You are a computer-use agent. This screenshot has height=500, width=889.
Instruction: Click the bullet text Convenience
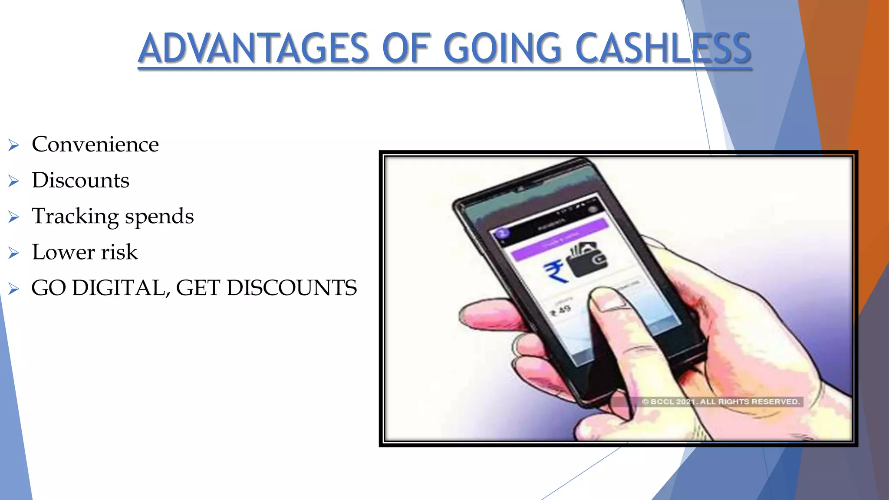pos(95,144)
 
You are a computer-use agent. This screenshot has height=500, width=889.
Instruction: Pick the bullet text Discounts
pos(80,180)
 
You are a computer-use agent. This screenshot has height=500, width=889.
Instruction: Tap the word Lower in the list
pos(63,252)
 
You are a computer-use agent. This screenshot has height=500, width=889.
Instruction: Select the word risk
pos(119,252)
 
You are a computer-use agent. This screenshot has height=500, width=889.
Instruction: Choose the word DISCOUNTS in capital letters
pos(292,288)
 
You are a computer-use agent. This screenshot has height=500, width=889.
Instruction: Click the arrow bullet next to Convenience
pos(13,145)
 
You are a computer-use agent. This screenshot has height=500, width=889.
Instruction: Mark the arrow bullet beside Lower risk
pos(13,253)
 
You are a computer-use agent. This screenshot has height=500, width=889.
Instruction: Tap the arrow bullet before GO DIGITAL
pos(13,289)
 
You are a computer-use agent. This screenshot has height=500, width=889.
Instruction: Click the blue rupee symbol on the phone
pos(555,271)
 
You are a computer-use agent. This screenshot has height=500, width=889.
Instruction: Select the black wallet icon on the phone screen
pos(588,261)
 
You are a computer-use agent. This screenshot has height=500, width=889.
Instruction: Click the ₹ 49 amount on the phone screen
pos(561,311)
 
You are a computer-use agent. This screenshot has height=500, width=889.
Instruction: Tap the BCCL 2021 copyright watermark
pos(721,401)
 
